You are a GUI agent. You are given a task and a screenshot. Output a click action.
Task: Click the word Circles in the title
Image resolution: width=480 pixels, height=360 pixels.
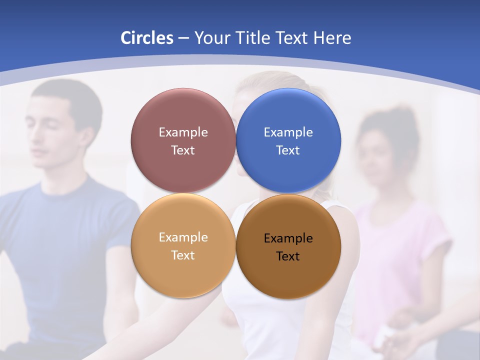point(147,38)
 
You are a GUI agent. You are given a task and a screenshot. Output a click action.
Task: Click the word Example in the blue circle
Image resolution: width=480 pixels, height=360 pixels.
point(288,132)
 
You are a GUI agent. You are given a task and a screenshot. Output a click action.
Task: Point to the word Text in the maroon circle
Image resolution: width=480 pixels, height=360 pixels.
point(183,150)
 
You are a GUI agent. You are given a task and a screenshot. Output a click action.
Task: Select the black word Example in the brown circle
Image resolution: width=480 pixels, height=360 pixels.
point(288,238)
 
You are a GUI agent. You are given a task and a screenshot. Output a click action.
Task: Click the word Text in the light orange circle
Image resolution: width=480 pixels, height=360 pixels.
point(183,255)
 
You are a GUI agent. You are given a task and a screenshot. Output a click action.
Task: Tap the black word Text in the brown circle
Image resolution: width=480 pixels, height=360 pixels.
point(288,256)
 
